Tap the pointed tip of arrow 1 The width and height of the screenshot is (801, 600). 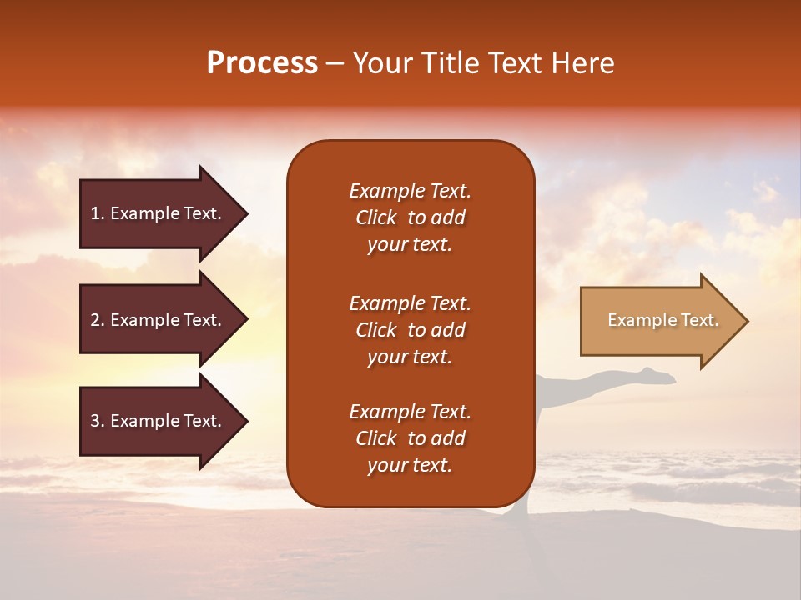click(245, 213)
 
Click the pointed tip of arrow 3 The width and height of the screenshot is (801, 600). click(245, 421)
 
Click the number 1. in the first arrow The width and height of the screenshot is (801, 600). click(98, 213)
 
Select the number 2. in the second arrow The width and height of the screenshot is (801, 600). click(98, 320)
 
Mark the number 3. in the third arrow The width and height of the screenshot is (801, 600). click(98, 421)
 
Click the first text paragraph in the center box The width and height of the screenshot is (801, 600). click(410, 217)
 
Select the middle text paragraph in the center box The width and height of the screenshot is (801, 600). click(410, 330)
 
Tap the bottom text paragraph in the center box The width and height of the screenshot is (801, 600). click(410, 438)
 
